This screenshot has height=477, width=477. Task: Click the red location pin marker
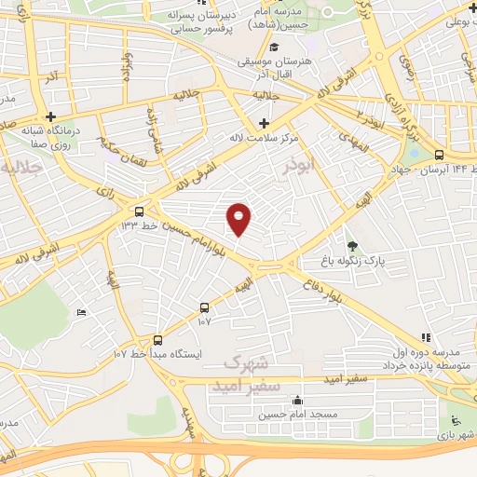click(239, 219)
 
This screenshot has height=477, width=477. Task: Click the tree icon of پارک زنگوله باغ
click(351, 246)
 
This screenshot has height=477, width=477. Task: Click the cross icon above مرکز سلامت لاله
click(265, 123)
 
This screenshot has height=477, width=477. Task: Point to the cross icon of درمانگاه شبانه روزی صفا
click(50, 116)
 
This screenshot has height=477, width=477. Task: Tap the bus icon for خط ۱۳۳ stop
click(139, 211)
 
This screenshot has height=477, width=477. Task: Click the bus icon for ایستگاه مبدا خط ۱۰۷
click(157, 340)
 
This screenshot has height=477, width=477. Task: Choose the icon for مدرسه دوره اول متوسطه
click(426, 337)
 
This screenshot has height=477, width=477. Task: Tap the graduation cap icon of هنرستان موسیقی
click(274, 48)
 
